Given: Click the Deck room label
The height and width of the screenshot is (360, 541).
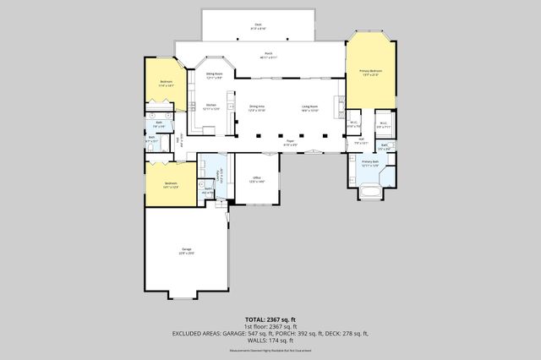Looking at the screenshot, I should point(258,25).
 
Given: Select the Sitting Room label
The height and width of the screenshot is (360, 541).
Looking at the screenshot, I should point(214,76).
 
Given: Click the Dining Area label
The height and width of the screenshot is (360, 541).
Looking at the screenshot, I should point(257,108).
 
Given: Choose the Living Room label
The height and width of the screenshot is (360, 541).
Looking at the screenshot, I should point(309,108).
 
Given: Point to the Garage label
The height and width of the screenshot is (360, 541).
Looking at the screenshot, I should point(185,251).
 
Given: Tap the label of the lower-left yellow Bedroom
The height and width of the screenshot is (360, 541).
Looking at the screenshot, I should point(171,184).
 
